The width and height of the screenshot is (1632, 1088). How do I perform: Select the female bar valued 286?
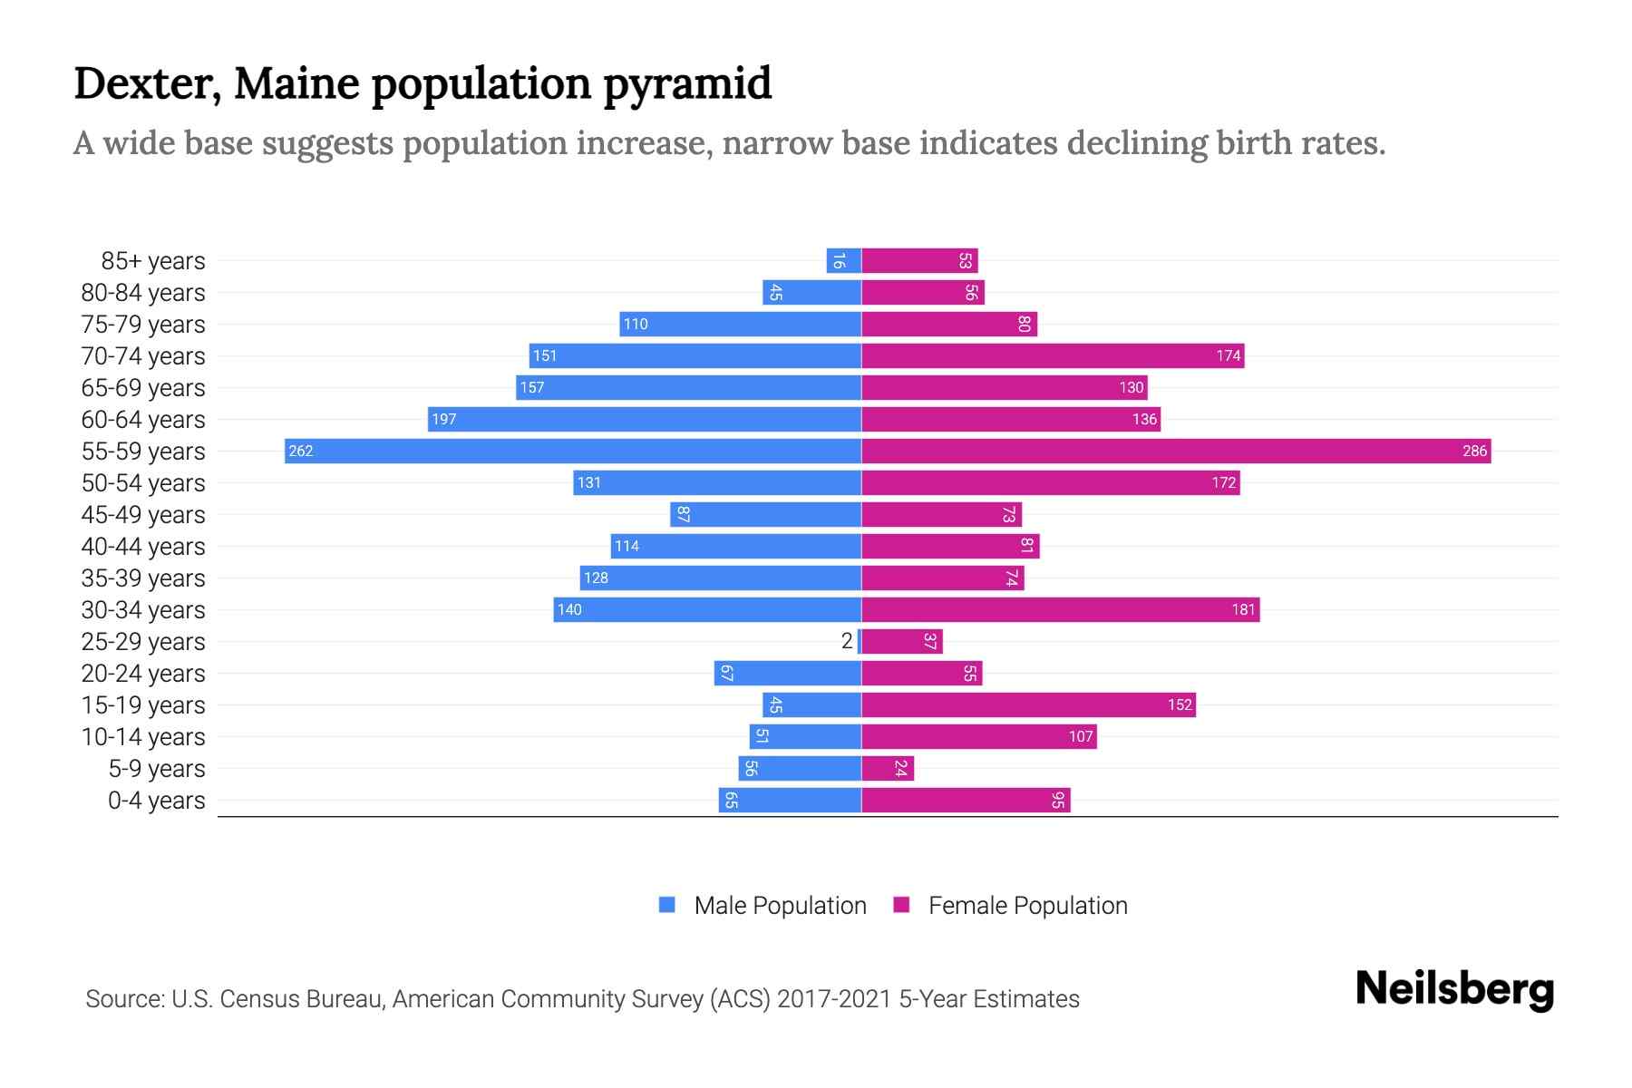[x=1176, y=451]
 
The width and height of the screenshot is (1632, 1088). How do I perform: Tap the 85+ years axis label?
[x=153, y=261]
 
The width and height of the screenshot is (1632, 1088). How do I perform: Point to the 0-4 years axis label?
[x=156, y=801]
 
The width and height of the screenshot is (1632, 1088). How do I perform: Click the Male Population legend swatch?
[x=667, y=905]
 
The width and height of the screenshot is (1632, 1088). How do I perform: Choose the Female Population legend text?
[x=1027, y=906]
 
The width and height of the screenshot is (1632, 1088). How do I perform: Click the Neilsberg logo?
[x=1454, y=989]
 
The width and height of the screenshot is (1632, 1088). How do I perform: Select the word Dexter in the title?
[x=147, y=83]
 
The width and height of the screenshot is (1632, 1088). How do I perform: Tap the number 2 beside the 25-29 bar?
[x=847, y=641]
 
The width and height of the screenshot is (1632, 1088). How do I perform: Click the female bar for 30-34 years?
[x=1060, y=609]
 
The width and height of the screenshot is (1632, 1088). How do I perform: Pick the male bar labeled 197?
[x=644, y=419]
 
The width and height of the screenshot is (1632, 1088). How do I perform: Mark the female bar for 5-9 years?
[x=887, y=768]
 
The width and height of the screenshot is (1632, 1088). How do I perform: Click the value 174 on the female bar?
[x=1228, y=355]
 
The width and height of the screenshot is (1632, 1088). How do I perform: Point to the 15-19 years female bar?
[x=1028, y=704]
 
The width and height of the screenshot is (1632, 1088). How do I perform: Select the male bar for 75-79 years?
[x=740, y=324]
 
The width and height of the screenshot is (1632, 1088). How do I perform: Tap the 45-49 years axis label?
[x=143, y=515]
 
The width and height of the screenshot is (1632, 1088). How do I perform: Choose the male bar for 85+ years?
[x=843, y=261]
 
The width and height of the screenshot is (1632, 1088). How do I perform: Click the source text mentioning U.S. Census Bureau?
[x=582, y=999]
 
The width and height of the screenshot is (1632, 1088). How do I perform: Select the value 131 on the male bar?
[x=589, y=482]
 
